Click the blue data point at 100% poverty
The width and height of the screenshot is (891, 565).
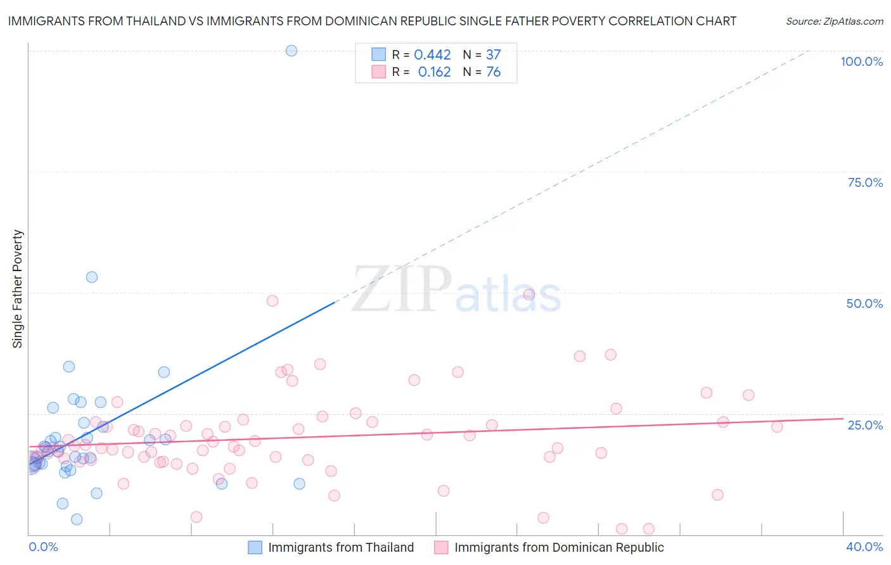click(292, 51)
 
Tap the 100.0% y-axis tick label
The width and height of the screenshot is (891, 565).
click(861, 61)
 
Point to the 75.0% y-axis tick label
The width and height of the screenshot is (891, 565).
click(864, 182)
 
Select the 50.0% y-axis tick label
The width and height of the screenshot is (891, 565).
click(864, 303)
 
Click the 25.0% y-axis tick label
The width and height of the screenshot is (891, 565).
click(864, 425)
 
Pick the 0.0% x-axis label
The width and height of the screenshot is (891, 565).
click(43, 547)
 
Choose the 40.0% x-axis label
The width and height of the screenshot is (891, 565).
click(864, 547)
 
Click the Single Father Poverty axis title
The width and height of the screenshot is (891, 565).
click(18, 289)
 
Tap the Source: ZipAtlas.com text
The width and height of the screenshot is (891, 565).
click(834, 22)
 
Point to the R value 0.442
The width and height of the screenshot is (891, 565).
click(432, 55)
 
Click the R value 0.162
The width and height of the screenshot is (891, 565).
click(434, 72)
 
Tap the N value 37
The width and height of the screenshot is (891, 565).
click(493, 55)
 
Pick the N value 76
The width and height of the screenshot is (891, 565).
click(493, 72)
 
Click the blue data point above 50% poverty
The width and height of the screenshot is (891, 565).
click(92, 277)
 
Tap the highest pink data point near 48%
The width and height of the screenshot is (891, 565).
click(272, 301)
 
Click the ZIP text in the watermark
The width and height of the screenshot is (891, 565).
click(401, 290)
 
